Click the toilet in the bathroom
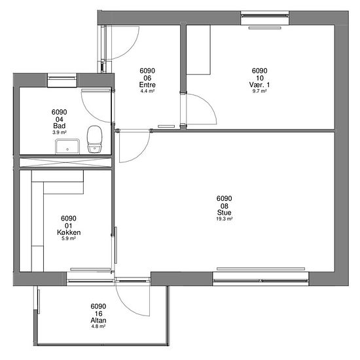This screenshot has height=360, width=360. pos(94,139)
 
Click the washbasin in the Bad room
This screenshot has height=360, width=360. pos(67,147)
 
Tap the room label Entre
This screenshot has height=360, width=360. pos(147,84)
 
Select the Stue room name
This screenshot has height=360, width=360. pos(224,212)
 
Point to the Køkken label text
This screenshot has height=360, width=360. pos(69,232)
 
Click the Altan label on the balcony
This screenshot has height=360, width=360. pos(98,320)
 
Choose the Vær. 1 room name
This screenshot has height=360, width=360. pos(259,84)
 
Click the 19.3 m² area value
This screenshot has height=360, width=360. pos(224,219)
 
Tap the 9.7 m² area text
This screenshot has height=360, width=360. pos(259,91)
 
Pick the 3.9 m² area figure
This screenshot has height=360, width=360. pos(59,132)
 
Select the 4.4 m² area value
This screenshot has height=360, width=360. pos(147,91)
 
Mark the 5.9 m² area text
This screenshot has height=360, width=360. pos(69,238)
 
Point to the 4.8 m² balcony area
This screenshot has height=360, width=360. pos(98,326)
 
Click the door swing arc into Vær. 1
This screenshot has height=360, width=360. pos(207,102)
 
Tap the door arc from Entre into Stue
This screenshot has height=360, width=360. pos(141,153)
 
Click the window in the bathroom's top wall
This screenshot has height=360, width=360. pos(62,80)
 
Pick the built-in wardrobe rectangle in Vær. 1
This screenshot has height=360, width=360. pos(198,50)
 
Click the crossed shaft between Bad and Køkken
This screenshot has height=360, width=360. pos(65,162)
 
